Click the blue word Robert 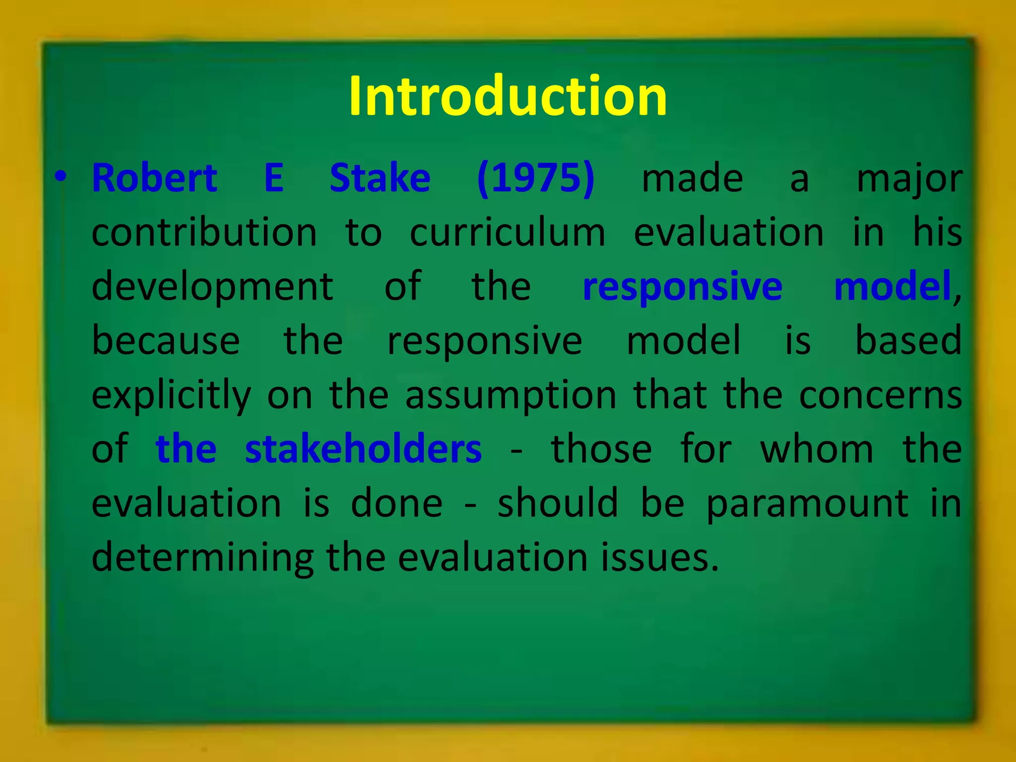tap(154, 178)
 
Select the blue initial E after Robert tap(274, 178)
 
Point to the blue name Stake tap(380, 178)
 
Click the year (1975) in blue tap(535, 178)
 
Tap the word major tap(909, 180)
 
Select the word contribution tap(204, 233)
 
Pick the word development tap(212, 288)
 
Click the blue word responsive tap(682, 288)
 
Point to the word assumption tap(510, 396)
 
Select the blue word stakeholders tap(363, 449)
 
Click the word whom tap(817, 449)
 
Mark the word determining tap(202, 558)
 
